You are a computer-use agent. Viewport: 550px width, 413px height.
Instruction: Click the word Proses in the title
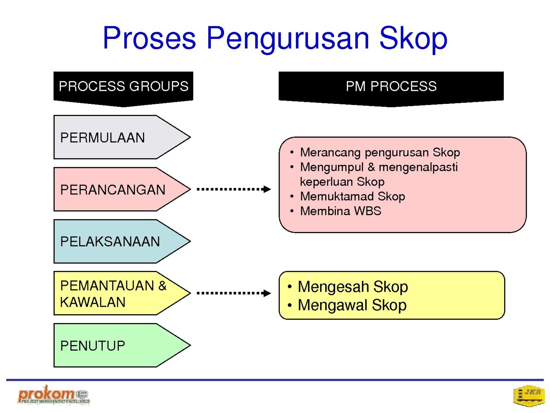tap(149, 38)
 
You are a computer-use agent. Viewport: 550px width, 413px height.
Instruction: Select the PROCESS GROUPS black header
tap(123, 89)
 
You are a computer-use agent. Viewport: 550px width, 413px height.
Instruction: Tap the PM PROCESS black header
tap(391, 89)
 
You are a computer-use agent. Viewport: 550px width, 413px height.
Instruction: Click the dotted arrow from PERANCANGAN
tap(233, 189)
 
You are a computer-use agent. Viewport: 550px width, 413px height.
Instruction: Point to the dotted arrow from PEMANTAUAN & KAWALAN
tap(233, 293)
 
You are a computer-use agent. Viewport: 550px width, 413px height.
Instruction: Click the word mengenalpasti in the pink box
tap(418, 167)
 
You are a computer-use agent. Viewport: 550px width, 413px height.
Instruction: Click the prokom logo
tap(54, 395)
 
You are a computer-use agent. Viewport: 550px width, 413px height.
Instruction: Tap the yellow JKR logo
tap(529, 395)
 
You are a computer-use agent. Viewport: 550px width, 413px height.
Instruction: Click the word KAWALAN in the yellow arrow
tap(93, 302)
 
